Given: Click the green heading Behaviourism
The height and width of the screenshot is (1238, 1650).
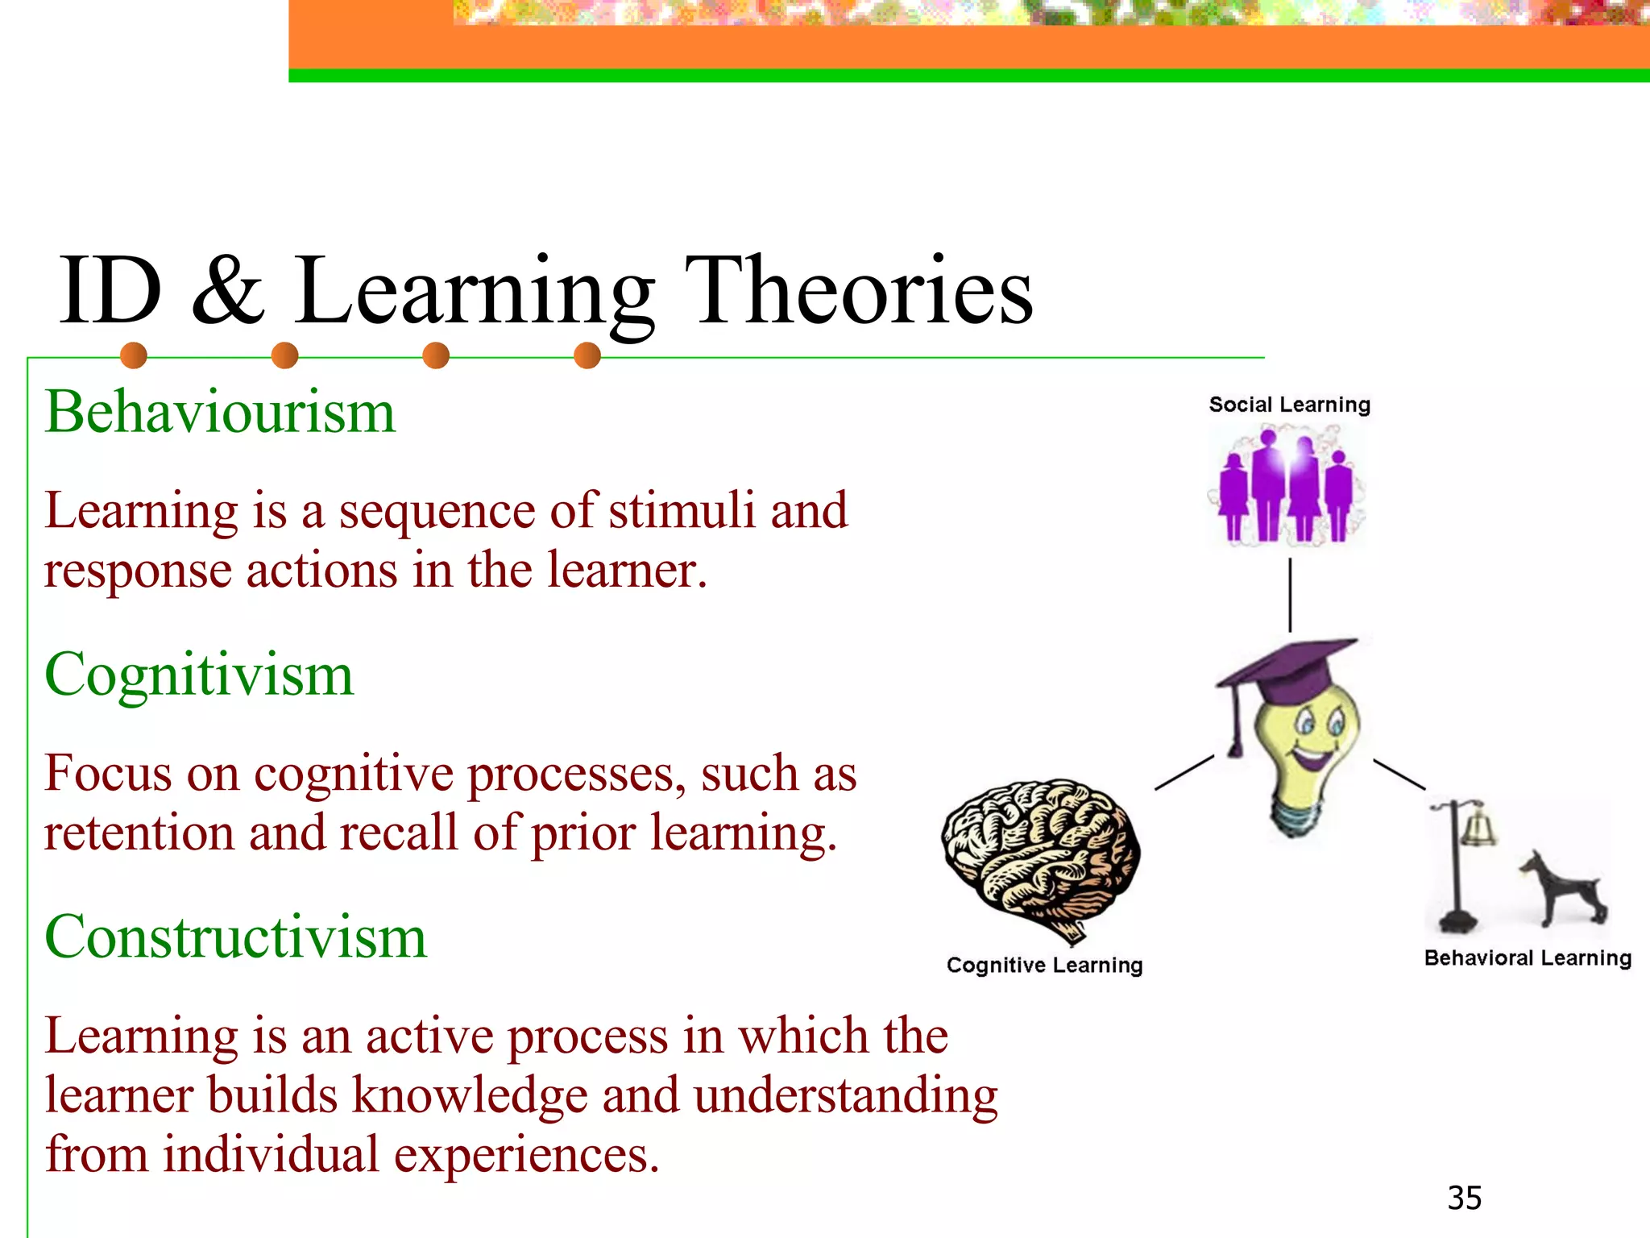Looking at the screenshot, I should pyautogui.click(x=220, y=412).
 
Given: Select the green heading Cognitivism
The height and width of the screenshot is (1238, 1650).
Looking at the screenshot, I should pyautogui.click(x=199, y=675).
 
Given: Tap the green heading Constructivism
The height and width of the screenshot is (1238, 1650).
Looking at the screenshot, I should pyautogui.click(x=235, y=937).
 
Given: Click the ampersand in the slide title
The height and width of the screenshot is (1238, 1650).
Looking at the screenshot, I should pyautogui.click(x=228, y=290).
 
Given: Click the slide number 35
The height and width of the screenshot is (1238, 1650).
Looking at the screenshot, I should pyautogui.click(x=1464, y=1198).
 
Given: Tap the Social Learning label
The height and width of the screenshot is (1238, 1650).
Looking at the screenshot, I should pyautogui.click(x=1289, y=405).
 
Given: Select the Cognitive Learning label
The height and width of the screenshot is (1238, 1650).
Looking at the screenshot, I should pyautogui.click(x=1044, y=965).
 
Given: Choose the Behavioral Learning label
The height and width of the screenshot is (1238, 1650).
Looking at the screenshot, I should pyautogui.click(x=1528, y=958).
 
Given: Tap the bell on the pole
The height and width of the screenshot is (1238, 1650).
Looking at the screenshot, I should pyautogui.click(x=1481, y=826).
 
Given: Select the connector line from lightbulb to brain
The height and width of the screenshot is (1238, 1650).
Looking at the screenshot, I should pyautogui.click(x=1184, y=772).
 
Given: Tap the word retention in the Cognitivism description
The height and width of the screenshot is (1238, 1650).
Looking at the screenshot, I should pyautogui.click(x=139, y=833).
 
